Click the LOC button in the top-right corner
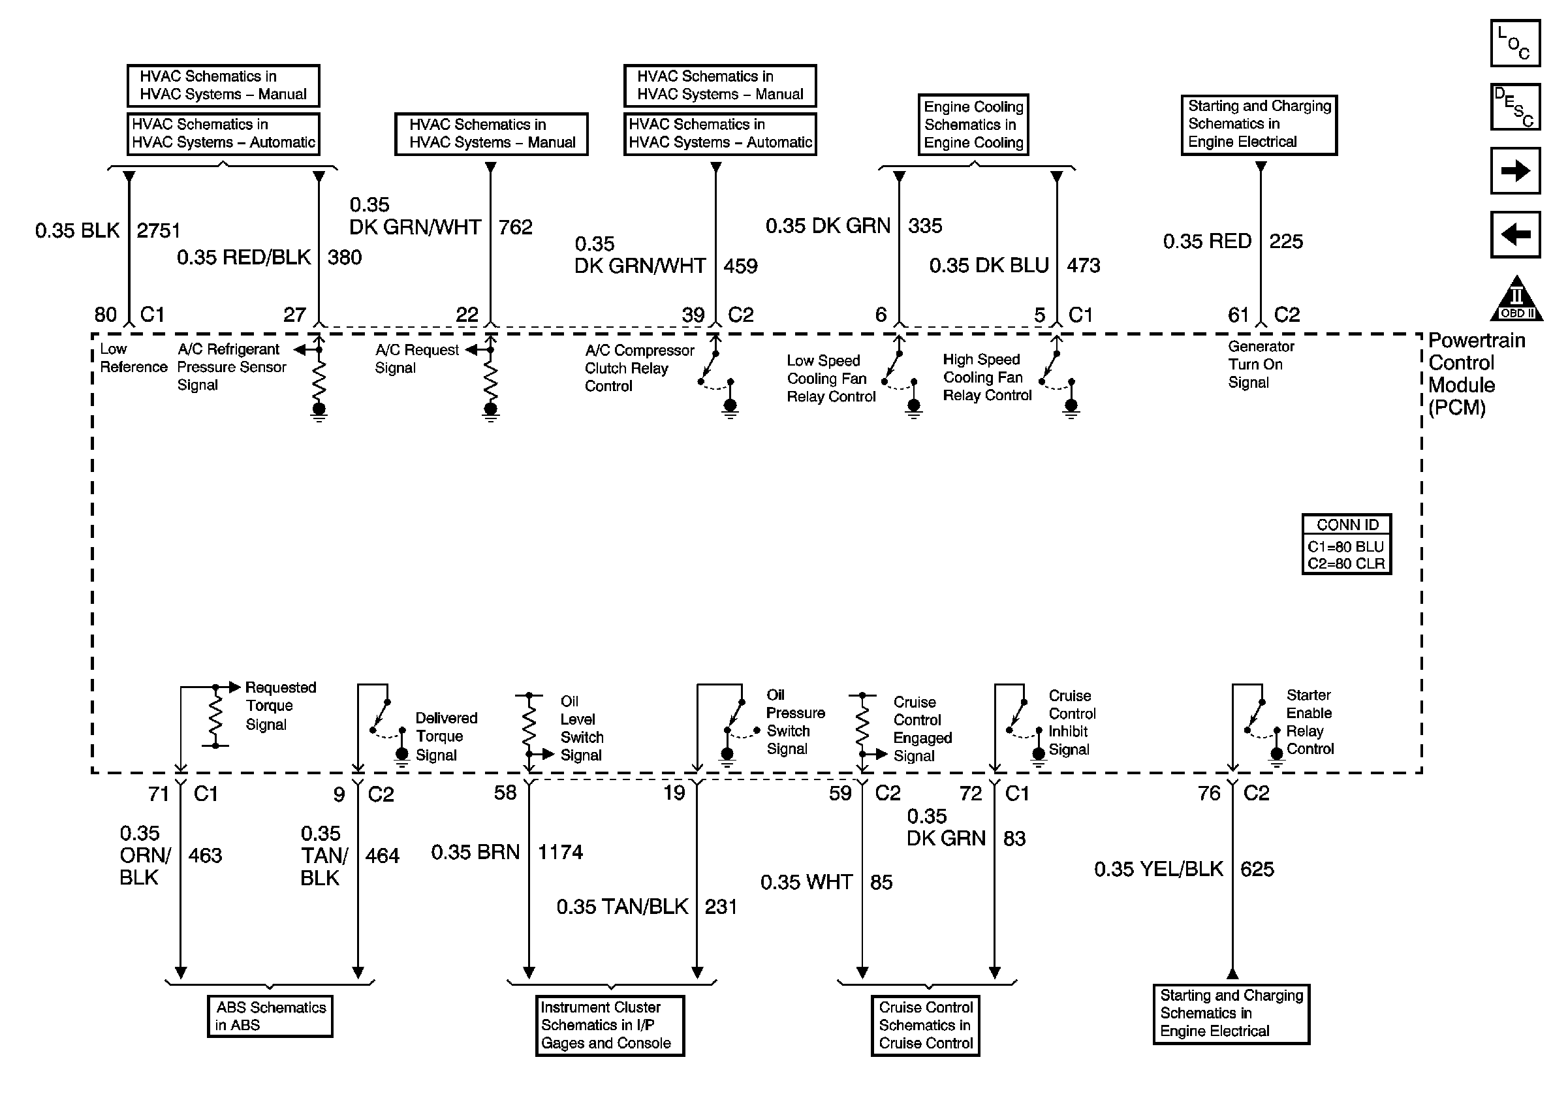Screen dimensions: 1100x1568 click(x=1514, y=43)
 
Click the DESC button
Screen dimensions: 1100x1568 click(x=1514, y=107)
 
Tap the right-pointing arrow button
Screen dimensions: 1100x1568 click(x=1514, y=170)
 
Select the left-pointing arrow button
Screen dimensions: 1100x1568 click(x=1514, y=234)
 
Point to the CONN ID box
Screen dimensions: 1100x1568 click(x=1346, y=544)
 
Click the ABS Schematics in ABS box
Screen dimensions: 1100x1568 click(x=270, y=1016)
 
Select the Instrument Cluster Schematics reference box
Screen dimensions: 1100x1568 click(x=609, y=1025)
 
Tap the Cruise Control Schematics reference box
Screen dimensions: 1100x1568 click(x=925, y=1025)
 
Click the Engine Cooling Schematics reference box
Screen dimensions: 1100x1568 click(x=973, y=124)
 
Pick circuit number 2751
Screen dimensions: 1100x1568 click(x=158, y=231)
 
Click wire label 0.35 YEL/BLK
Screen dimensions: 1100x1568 click(x=1158, y=869)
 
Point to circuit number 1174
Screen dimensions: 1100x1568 click(x=560, y=852)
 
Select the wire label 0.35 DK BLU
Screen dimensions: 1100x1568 click(x=988, y=266)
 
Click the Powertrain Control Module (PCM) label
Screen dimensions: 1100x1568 click(x=1475, y=373)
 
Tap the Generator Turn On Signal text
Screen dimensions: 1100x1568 click(x=1260, y=365)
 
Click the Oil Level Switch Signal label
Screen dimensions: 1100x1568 click(x=581, y=729)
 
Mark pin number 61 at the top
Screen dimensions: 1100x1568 click(x=1238, y=315)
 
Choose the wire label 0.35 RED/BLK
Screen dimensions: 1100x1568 click(x=243, y=257)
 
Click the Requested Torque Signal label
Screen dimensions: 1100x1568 click(x=280, y=706)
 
